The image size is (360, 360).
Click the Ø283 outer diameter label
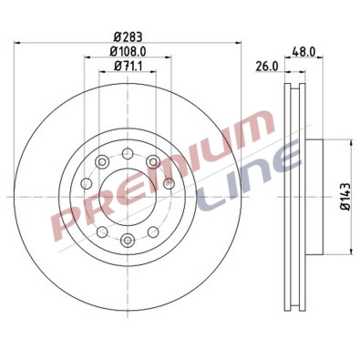[127, 37]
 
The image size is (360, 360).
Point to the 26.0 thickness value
[264, 67]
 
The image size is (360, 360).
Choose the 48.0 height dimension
[302, 53]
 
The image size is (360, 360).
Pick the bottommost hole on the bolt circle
[127, 241]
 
